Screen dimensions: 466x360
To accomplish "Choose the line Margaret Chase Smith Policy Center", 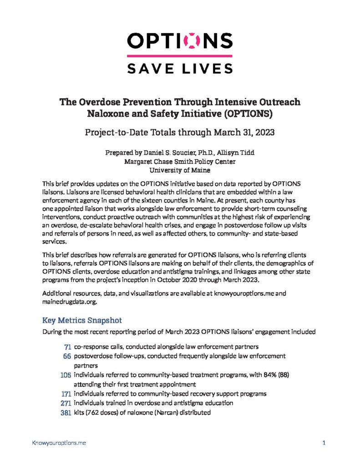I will (180, 162).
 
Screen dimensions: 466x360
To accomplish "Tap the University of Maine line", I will (180, 170).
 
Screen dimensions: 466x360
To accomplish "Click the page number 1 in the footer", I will (324, 442).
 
